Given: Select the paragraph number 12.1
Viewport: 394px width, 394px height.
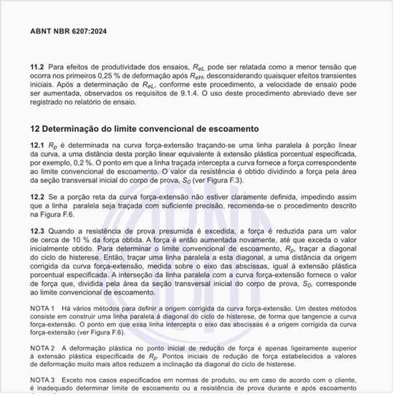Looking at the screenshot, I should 37,145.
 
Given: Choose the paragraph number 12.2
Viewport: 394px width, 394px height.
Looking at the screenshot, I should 37,196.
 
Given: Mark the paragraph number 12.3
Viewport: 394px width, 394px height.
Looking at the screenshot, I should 37,231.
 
